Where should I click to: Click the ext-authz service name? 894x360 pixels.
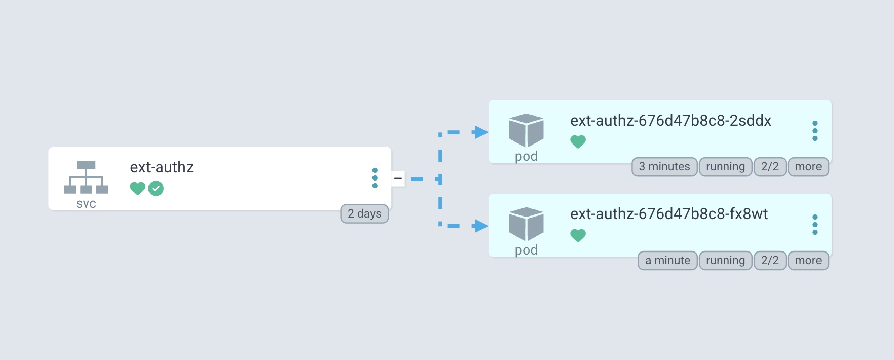point(162,167)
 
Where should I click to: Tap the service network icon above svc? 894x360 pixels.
point(86,177)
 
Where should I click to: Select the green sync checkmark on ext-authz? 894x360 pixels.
point(156,189)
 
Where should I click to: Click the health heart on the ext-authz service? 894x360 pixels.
point(137,189)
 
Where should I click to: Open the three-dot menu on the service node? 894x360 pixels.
point(375,178)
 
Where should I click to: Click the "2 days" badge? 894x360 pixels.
point(364,214)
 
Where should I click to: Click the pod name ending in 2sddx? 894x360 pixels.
point(670,121)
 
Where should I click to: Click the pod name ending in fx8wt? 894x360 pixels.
point(669,214)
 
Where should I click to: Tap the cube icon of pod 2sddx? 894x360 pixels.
point(526,130)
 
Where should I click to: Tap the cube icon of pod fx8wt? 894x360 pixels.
point(526,224)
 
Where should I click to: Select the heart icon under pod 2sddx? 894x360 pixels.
point(578,142)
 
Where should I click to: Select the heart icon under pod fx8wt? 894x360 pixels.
point(578,235)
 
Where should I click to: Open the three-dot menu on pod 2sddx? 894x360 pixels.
point(815,131)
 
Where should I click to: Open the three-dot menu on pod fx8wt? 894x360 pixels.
point(815,225)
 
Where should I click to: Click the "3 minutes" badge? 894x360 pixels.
point(664,167)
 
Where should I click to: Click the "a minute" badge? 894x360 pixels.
point(667,261)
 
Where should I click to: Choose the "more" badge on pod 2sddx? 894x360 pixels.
point(808,167)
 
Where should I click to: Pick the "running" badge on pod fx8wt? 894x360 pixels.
point(725,261)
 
